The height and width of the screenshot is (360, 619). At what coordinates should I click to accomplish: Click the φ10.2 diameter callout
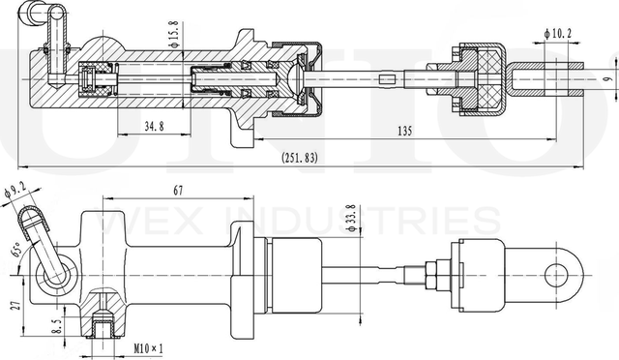560,33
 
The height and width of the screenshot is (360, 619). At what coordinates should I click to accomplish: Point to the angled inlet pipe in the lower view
44,241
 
